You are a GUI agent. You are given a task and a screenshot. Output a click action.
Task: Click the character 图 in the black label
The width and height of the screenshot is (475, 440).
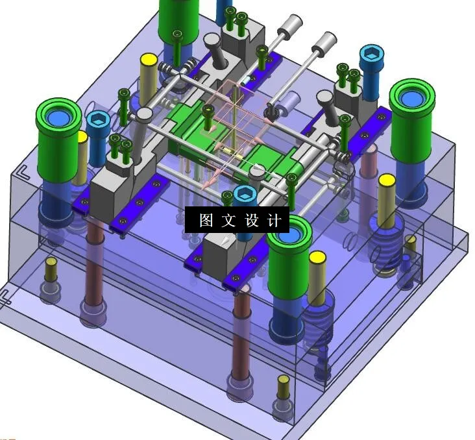[x=206, y=221]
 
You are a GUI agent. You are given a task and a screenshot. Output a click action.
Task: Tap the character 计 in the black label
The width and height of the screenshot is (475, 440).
[x=274, y=221]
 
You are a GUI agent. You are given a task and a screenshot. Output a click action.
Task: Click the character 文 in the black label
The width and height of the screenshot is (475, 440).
[x=228, y=221]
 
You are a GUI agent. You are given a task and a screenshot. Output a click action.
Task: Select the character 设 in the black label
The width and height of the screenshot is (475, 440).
[x=252, y=221]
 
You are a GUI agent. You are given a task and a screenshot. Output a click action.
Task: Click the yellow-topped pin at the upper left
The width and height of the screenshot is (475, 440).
[x=149, y=61]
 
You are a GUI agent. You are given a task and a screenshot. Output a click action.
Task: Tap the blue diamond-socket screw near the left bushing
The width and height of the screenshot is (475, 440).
[x=97, y=120]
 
